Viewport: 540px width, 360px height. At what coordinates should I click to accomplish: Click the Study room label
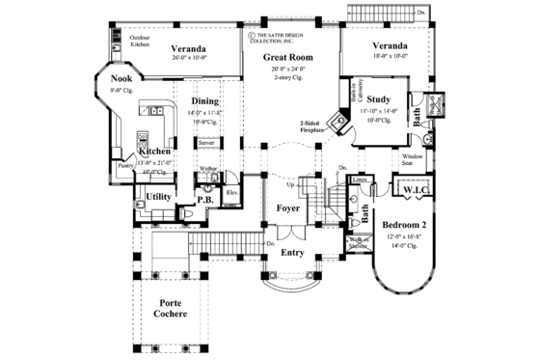point(378,99)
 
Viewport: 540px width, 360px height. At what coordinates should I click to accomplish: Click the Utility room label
point(159,197)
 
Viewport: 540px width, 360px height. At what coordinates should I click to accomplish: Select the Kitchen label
point(155,152)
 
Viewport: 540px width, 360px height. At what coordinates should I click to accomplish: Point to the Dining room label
point(204,100)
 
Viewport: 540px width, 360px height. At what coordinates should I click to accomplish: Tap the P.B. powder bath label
point(204,200)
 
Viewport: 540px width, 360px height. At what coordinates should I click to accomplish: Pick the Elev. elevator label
point(231,192)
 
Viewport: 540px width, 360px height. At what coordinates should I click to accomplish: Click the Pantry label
point(124,166)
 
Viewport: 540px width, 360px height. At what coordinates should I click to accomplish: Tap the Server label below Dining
point(205,142)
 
